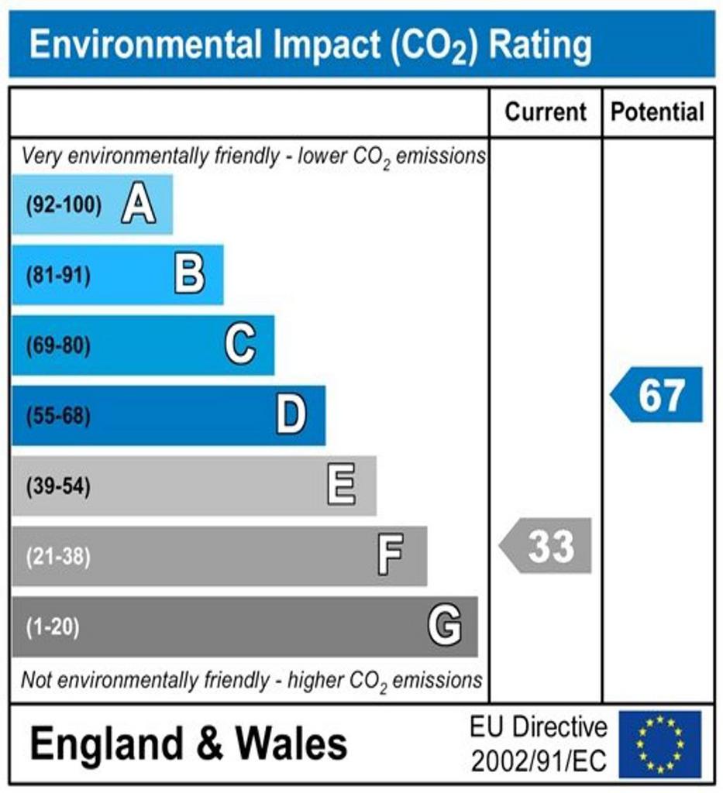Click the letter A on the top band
pyautogui.click(x=138, y=205)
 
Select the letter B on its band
pyautogui.click(x=189, y=275)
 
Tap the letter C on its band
pyautogui.click(x=240, y=345)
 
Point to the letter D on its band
pyautogui.click(x=291, y=416)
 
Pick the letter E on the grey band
pyautogui.click(x=342, y=486)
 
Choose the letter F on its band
pyautogui.click(x=391, y=556)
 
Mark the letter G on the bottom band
pyautogui.click(x=445, y=626)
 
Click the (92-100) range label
pyautogui.click(x=64, y=206)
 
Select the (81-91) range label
pyautogui.click(x=58, y=276)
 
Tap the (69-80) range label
pyautogui.click(x=58, y=345)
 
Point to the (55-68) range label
pyautogui.click(x=58, y=417)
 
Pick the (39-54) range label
pyautogui.click(x=58, y=487)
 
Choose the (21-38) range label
pyautogui.click(x=58, y=557)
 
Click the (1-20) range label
pyautogui.click(x=53, y=627)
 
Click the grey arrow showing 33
pyautogui.click(x=546, y=546)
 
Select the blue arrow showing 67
pyautogui.click(x=657, y=395)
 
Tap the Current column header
pyautogui.click(x=546, y=112)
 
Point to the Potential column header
pyautogui.click(x=658, y=112)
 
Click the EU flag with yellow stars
pyautogui.click(x=659, y=744)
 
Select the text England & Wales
pyautogui.click(x=189, y=744)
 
